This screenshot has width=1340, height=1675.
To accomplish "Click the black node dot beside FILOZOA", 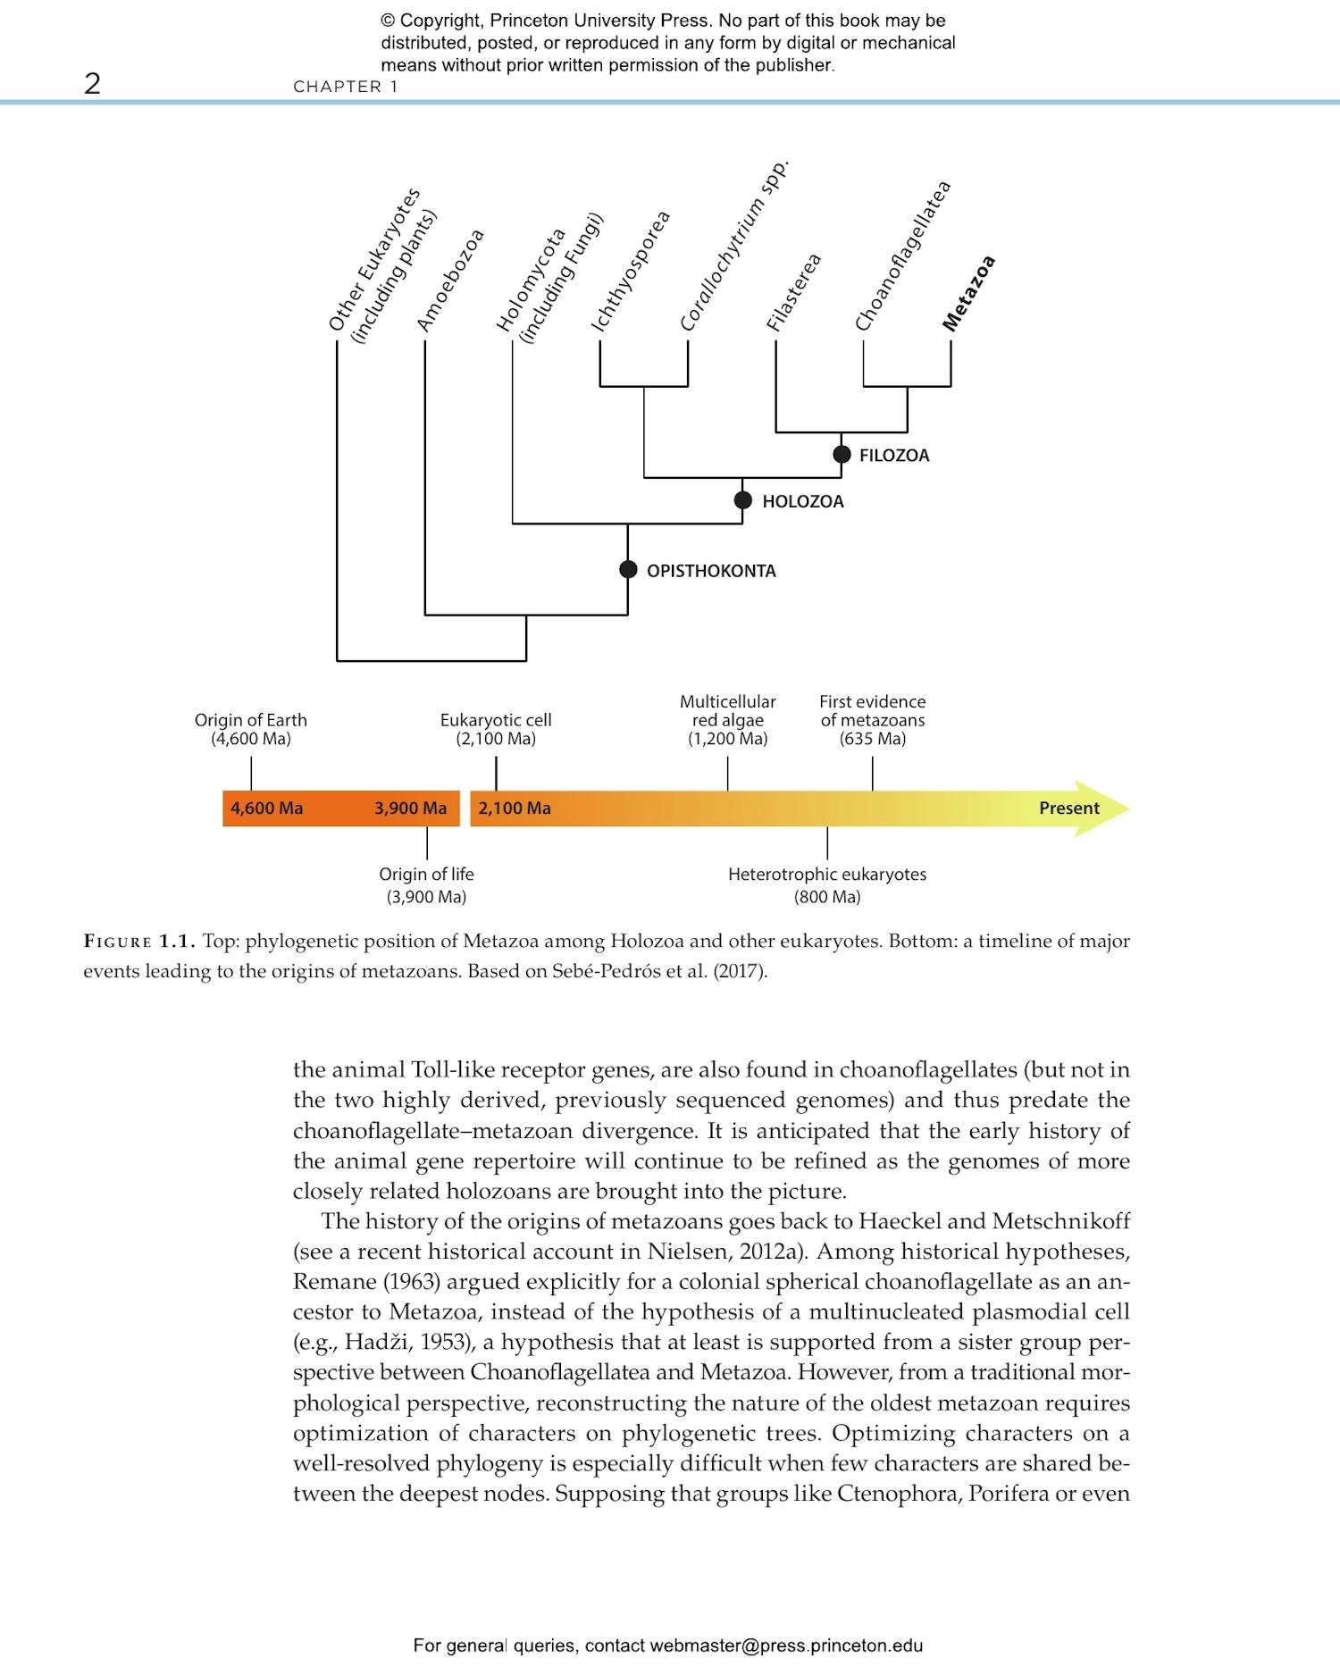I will click(x=842, y=455).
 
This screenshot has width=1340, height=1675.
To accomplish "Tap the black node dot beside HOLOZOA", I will click(x=742, y=500).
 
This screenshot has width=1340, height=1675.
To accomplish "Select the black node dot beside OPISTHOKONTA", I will click(x=628, y=570).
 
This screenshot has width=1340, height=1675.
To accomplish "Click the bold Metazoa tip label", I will click(x=969, y=294).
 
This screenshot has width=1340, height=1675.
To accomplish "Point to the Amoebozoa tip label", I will click(x=451, y=281).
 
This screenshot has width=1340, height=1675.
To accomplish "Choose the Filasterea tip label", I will click(x=793, y=293).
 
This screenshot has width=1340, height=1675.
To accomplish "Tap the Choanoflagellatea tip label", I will click(x=902, y=255).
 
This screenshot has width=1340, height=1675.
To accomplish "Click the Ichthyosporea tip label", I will click(x=631, y=272).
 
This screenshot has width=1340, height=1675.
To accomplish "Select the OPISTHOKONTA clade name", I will click(x=711, y=571).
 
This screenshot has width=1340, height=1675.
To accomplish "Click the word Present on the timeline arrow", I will click(x=1068, y=808).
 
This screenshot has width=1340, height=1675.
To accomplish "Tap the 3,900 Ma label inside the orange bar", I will click(x=410, y=808).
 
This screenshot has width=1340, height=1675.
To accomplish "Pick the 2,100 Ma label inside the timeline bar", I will click(x=515, y=808).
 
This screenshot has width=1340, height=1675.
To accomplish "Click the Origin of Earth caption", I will click(x=251, y=729).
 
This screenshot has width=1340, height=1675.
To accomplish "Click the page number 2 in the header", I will click(x=92, y=84).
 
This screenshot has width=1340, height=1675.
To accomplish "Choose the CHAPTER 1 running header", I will click(x=346, y=87).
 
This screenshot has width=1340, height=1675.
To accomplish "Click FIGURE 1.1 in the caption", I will click(x=138, y=942).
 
